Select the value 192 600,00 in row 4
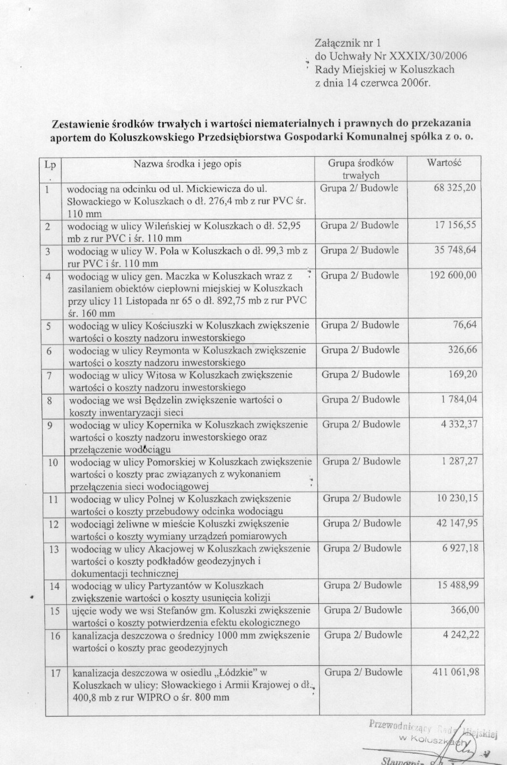click(452, 275)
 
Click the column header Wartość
click(445, 163)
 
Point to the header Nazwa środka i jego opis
click(188, 164)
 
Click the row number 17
click(56, 672)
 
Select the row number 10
click(53, 462)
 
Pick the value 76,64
click(465, 325)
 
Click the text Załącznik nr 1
click(348, 43)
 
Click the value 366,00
click(462, 610)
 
